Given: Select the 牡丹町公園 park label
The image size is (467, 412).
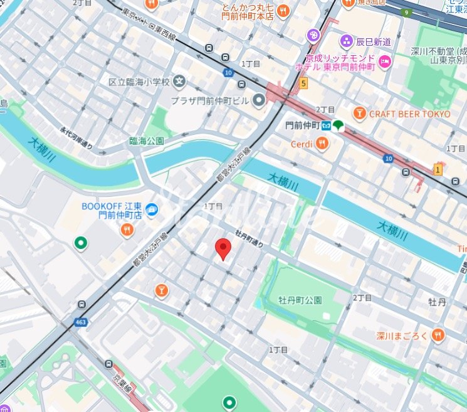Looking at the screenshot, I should pyautogui.click(x=300, y=300).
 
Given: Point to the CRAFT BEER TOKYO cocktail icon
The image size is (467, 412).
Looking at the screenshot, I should pyautogui.click(x=359, y=114).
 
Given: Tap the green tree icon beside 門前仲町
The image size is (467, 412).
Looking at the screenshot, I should pyautogui.click(x=338, y=125).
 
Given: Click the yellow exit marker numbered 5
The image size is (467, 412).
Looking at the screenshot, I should pyautogui.click(x=304, y=82).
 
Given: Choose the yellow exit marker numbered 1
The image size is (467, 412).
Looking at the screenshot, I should pyautogui.click(x=438, y=168).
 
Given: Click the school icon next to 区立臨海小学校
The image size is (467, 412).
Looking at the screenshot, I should pyautogui.click(x=181, y=81).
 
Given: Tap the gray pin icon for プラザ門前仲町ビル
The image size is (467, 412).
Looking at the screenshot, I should pyautogui.click(x=260, y=100).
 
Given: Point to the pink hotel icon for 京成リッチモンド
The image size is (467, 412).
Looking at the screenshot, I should pyautogui.click(x=384, y=61).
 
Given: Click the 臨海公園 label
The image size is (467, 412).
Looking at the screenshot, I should pyautogui.click(x=146, y=141).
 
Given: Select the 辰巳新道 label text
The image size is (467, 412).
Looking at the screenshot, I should pyautogui.click(x=374, y=42).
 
